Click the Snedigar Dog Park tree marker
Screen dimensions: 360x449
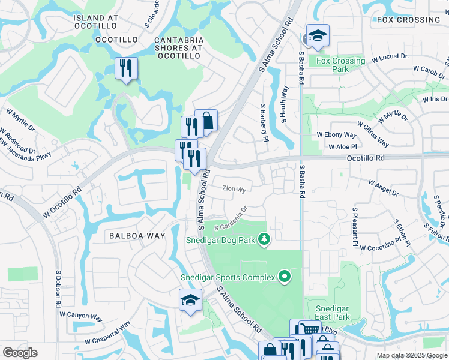[264, 240]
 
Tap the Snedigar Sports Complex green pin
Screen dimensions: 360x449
[285, 277]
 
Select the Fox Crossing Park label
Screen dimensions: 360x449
[340, 65]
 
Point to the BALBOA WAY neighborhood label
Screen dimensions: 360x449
[137, 236]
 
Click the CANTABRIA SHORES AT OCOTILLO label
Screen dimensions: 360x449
[179, 48]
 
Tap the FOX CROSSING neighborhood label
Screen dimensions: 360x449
[409, 20]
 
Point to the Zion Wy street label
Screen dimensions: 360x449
[234, 189]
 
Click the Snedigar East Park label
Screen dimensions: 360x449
[333, 313]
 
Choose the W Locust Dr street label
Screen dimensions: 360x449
[390, 57]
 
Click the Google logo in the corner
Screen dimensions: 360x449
[20, 353]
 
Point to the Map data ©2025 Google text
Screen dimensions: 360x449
[411, 355]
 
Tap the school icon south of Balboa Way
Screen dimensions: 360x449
[190, 301]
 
